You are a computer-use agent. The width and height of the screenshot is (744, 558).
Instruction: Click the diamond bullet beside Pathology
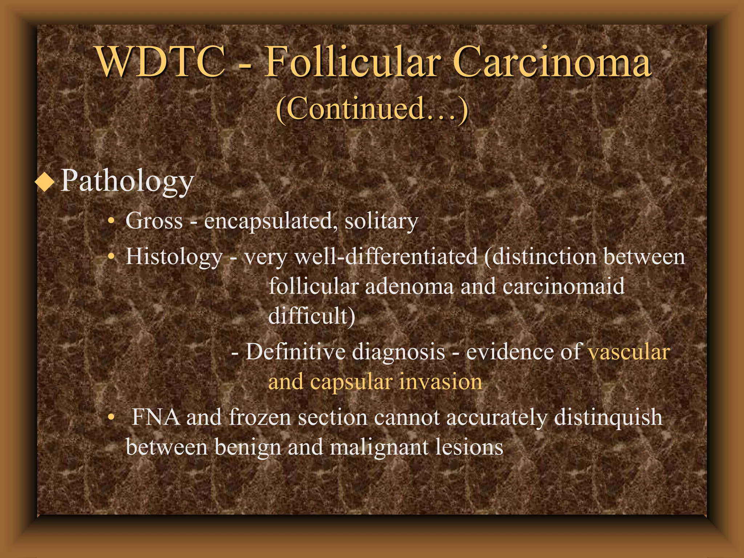(45, 182)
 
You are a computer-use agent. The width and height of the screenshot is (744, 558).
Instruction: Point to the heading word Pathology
(127, 181)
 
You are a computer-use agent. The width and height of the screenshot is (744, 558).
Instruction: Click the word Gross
(154, 221)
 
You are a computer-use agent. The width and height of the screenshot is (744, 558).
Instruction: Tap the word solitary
(381, 221)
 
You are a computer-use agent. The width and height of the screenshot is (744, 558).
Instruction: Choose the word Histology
(174, 257)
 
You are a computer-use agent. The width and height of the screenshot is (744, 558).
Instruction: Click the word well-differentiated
(386, 257)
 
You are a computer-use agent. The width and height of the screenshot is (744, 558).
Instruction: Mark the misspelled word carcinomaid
(563, 286)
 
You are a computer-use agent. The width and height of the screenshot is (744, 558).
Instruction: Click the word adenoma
(409, 286)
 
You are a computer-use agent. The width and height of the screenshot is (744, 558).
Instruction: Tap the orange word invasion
(441, 382)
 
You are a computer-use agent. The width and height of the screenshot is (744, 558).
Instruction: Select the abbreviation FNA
(156, 417)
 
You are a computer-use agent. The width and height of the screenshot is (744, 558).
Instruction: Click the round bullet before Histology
(112, 257)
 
